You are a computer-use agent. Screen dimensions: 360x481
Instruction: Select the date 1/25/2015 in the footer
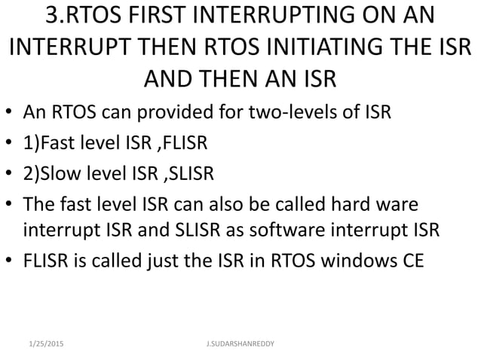coord(43,343)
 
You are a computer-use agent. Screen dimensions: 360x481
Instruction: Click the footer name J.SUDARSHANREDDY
coord(240,343)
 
